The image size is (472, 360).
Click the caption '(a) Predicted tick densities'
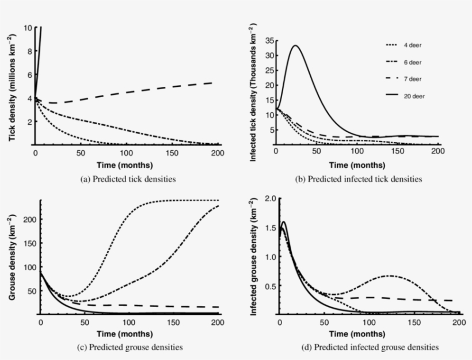128,179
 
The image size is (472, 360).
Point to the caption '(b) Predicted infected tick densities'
359,179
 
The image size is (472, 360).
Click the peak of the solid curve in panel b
295,45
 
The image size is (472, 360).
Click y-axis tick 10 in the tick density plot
28,27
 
